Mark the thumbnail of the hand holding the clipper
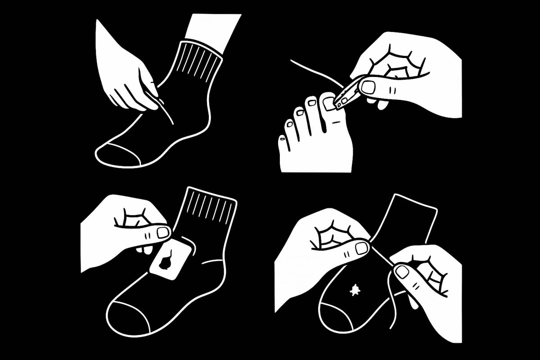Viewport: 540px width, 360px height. [x=368, y=87]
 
